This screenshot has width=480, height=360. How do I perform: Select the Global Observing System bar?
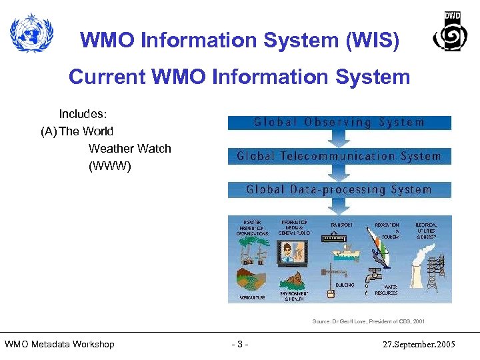click(339, 123)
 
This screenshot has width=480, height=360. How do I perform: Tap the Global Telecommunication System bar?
click(339, 157)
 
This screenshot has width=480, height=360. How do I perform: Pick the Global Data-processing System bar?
click(339, 190)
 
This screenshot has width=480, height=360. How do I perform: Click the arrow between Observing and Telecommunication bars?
click(339, 139)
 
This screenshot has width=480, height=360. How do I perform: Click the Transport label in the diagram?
click(341, 226)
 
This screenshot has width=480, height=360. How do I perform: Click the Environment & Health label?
click(293, 296)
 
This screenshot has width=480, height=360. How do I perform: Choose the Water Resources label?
click(386, 290)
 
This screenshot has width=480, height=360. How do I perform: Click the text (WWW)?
click(110, 166)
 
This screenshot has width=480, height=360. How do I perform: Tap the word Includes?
click(84, 114)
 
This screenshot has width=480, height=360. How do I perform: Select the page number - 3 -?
click(239, 344)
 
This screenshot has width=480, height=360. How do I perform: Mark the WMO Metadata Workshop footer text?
click(59, 344)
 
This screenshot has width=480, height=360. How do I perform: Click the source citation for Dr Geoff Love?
click(368, 321)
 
